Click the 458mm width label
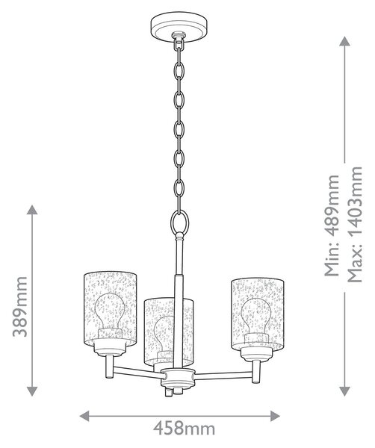coord(184,429)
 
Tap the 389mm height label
coord(20,307)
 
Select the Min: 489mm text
coord(332,225)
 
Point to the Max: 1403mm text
coord(354,224)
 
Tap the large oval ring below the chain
coord(179,222)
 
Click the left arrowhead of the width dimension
coord(84,416)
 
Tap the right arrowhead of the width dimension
coord(275,416)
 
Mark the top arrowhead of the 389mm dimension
coord(32,210)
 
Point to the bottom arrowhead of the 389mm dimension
coord(32,391)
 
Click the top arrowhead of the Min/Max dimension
coord(344,41)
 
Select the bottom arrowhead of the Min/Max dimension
coord(344,391)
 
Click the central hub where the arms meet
coord(178,378)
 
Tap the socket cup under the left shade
coord(110,347)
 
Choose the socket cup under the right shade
coord(257,352)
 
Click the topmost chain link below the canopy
coord(179,43)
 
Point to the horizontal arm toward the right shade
coord(223,376)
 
